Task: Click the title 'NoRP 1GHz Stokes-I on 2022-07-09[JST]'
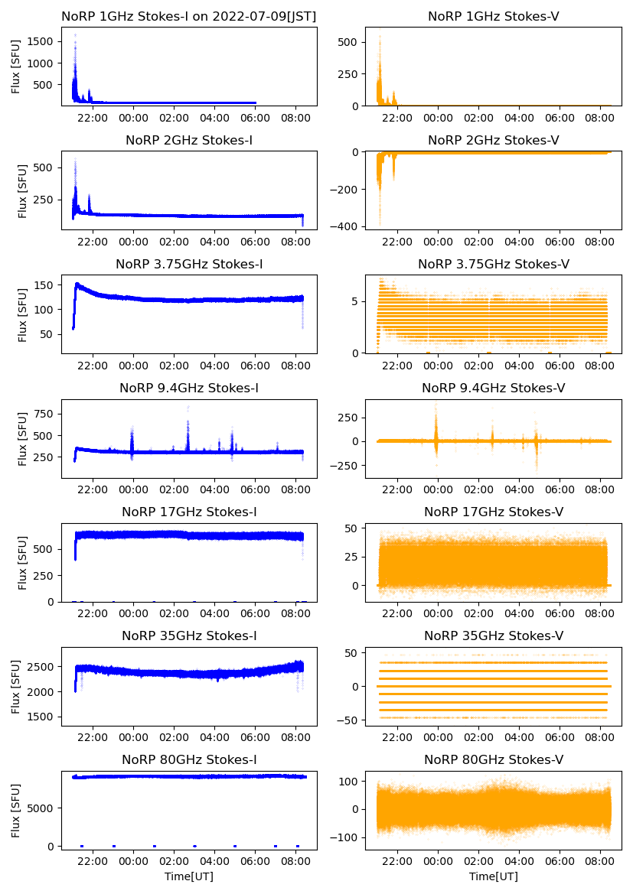pyautogui.click(x=188, y=16)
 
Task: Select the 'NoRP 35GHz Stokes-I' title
pyautogui.click(x=188, y=636)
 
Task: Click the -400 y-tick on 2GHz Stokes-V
pyautogui.click(x=346, y=227)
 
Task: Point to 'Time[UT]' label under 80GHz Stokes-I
pyautogui.click(x=188, y=876)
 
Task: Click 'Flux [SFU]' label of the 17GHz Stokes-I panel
pyautogui.click(x=23, y=563)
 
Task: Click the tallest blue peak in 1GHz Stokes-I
pyautogui.click(x=75, y=35)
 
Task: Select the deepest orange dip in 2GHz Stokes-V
pyautogui.click(x=379, y=223)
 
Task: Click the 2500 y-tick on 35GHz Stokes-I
pyautogui.click(x=44, y=667)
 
